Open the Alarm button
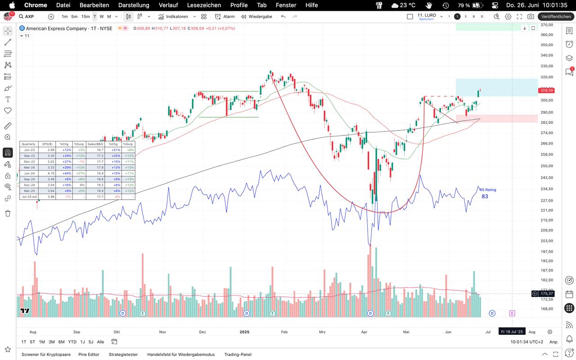pos(225,17)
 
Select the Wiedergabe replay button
pos(256,17)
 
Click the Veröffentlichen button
pos(556,17)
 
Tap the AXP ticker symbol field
pos(29,17)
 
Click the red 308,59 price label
pos(546,90)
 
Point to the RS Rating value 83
pos(485,196)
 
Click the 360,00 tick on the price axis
pos(546,35)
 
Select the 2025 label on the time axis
pos(244,332)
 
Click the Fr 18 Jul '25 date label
pos(512,332)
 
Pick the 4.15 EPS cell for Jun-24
pos(48,173)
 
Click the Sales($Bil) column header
pos(95,144)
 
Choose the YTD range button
pos(72,342)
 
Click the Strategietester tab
pos(123,355)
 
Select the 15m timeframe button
pos(85,17)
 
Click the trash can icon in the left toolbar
pos(8,213)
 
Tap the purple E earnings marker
pos(512,313)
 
